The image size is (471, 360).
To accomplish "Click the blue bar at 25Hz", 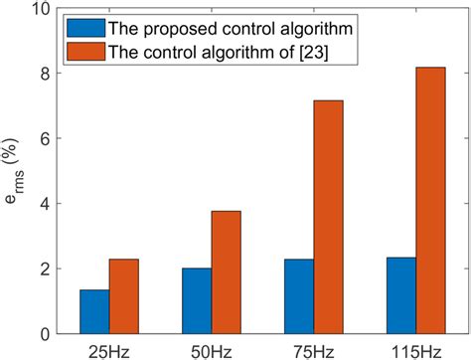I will click(x=94, y=311).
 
